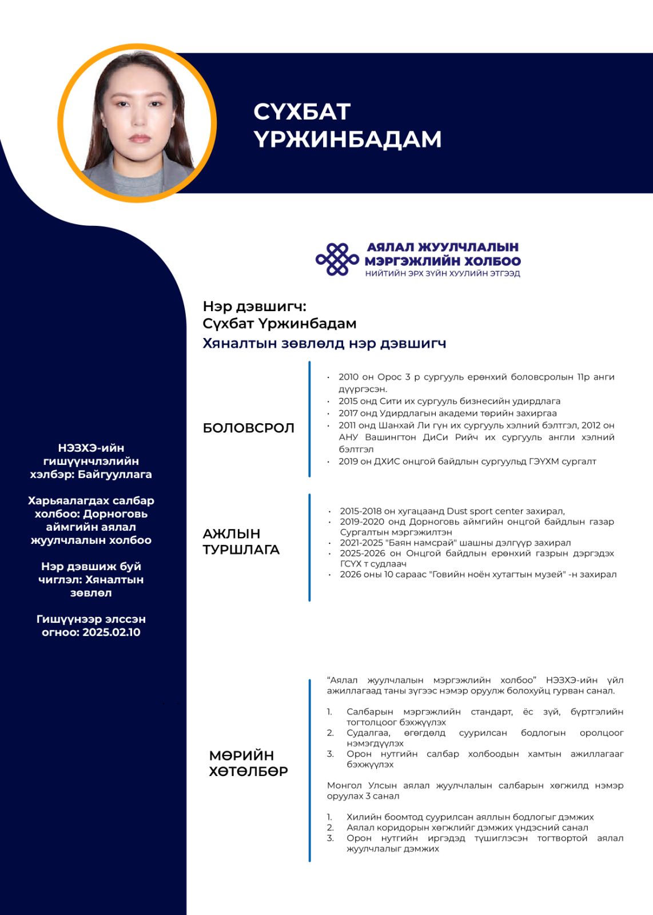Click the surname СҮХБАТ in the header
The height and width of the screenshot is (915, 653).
[301, 112]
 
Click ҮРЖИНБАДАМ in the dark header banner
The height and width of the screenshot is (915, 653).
[347, 139]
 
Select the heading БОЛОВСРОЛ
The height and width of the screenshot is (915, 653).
[248, 428]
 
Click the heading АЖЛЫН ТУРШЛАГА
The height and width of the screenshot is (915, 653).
[241, 542]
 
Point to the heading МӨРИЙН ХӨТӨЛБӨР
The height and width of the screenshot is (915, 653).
[248, 763]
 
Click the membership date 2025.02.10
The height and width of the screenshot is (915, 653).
[112, 632]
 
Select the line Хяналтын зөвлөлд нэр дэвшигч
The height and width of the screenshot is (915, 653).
[324, 343]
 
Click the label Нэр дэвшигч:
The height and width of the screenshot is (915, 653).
[254, 307]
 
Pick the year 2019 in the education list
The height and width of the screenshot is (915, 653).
[348, 462]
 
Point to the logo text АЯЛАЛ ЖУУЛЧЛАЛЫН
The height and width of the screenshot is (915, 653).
[443, 247]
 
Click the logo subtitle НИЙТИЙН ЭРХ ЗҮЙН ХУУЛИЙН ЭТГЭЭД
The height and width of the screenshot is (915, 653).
[443, 273]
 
